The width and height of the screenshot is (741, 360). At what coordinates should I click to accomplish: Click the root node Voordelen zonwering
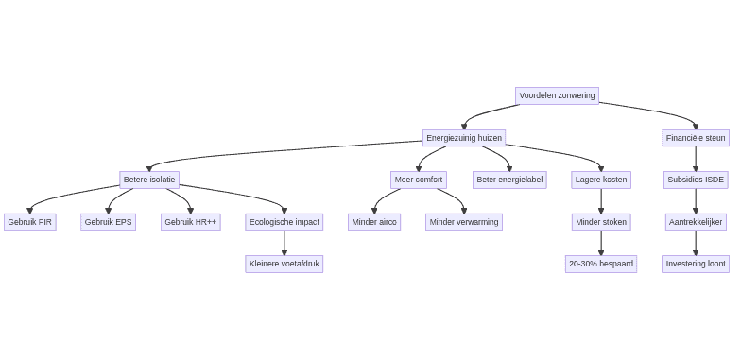(557, 95)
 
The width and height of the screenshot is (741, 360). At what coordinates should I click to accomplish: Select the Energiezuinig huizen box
(463, 138)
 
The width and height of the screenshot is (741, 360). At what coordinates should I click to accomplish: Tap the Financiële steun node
(696, 138)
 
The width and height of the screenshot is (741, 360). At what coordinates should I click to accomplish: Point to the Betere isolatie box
(149, 180)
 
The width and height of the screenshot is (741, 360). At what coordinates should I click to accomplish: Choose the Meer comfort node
(418, 180)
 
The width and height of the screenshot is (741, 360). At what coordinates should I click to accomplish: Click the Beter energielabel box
(509, 180)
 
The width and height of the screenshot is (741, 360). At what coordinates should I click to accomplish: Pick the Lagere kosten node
(601, 180)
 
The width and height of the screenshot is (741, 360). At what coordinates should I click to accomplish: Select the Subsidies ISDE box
(696, 180)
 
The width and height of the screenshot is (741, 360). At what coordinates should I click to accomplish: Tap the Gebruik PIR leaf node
(30, 222)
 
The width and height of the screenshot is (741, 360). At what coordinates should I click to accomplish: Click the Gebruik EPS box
(108, 222)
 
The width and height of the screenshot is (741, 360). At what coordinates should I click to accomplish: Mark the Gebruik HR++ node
(190, 222)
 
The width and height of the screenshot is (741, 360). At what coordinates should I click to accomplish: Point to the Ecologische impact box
(284, 222)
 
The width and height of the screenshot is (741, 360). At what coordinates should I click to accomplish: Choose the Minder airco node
(374, 222)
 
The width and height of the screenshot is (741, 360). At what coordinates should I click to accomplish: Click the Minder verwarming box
(464, 222)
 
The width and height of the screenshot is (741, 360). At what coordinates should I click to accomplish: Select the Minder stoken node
(601, 222)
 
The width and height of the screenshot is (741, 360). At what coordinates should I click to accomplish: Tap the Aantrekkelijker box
(696, 222)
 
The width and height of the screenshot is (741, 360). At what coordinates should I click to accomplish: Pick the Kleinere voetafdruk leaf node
(284, 264)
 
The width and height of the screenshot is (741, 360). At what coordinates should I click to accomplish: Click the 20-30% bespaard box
(601, 264)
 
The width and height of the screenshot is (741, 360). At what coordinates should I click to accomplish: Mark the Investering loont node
(696, 264)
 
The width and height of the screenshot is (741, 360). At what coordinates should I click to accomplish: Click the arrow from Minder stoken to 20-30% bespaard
(601, 243)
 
